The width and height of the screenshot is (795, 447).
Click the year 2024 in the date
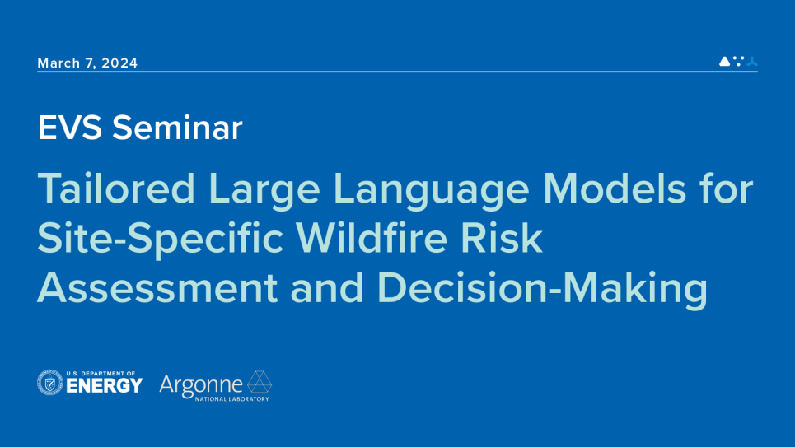[x=119, y=63]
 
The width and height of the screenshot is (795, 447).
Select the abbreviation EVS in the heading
[x=70, y=128]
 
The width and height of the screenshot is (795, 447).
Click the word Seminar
[x=177, y=128]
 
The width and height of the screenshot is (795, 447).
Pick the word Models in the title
[x=614, y=189]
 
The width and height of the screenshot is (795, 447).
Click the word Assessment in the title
[x=157, y=287]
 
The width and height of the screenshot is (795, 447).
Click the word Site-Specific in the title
[x=161, y=240]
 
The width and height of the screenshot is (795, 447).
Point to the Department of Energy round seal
[x=49, y=383]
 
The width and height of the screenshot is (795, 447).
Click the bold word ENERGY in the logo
[x=105, y=386]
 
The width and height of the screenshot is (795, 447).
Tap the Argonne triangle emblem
[x=260, y=382]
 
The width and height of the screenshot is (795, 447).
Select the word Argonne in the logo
[x=201, y=386]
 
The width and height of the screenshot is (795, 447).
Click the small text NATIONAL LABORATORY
[x=232, y=399]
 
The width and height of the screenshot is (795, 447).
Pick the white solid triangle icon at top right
[x=724, y=61]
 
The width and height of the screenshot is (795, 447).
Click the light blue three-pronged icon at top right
[x=752, y=61]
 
